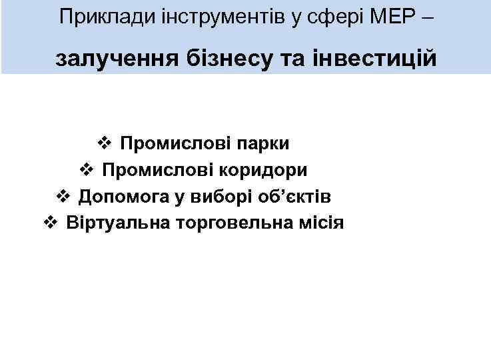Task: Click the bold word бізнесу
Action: tap(225, 59)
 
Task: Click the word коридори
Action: tap(268, 170)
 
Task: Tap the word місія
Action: tap(321, 223)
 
